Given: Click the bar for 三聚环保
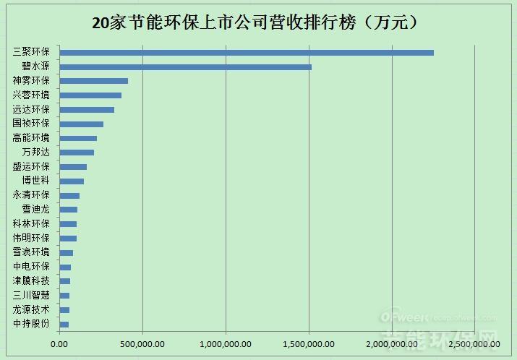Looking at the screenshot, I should pyautogui.click(x=246, y=52).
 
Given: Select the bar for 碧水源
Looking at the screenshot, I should pyautogui.click(x=185, y=67).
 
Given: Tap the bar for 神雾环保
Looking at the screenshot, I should pyautogui.click(x=93, y=81).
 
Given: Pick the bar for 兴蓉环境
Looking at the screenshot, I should pyautogui.click(x=90, y=95).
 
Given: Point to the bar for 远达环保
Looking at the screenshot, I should pyautogui.click(x=87, y=109).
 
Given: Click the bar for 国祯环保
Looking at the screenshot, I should pyautogui.click(x=81, y=124).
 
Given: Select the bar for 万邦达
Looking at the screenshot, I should pyautogui.click(x=77, y=152).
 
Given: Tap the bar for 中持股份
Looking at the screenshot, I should pyautogui.click(x=64, y=324).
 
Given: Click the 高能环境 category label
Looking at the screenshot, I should pyautogui.click(x=32, y=138).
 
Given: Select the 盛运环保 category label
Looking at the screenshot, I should pyautogui.click(x=32, y=166).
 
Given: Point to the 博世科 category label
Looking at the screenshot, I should pyautogui.click(x=36, y=181).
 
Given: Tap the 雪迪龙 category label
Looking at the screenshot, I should pyautogui.click(x=36, y=210).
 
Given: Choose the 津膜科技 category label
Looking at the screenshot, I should pyautogui.click(x=32, y=280).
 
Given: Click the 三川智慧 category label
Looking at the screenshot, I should pyautogui.click(x=32, y=295).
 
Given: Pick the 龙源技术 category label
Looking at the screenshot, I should pyautogui.click(x=32, y=309).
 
